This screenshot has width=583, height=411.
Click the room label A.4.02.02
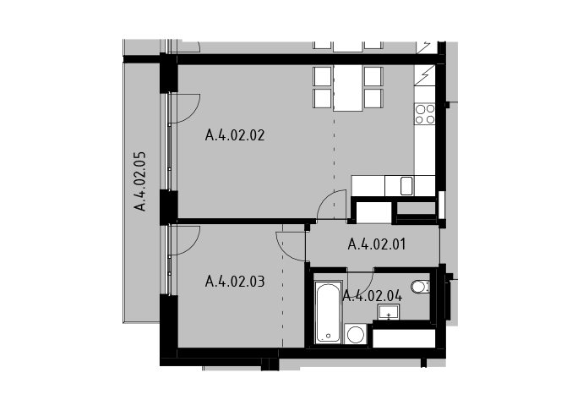pyautogui.click(x=235, y=134)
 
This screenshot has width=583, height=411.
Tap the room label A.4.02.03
pyautogui.click(x=235, y=282)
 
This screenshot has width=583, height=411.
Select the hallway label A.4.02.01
pyautogui.click(x=377, y=244)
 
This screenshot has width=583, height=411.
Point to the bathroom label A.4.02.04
pyautogui.click(x=372, y=296)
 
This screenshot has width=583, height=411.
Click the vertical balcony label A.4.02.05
pyautogui.click(x=140, y=181)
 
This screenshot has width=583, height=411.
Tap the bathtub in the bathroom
pyautogui.click(x=328, y=312)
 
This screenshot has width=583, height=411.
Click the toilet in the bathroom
pyautogui.click(x=420, y=287)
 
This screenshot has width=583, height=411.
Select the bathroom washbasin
pyautogui.click(x=389, y=311)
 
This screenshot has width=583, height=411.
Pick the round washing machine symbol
pyautogui.click(x=356, y=334)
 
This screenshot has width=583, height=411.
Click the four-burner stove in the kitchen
pyautogui.click(x=425, y=114)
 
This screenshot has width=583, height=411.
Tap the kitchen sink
pyautogui.click(x=406, y=186)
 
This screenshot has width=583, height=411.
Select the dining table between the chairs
pyautogui.click(x=347, y=88)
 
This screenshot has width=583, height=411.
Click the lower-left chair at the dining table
pyautogui.click(x=322, y=98)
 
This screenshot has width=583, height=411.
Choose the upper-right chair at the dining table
pyautogui.click(x=373, y=76)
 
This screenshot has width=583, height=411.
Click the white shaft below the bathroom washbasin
pyautogui.click(x=404, y=338)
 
